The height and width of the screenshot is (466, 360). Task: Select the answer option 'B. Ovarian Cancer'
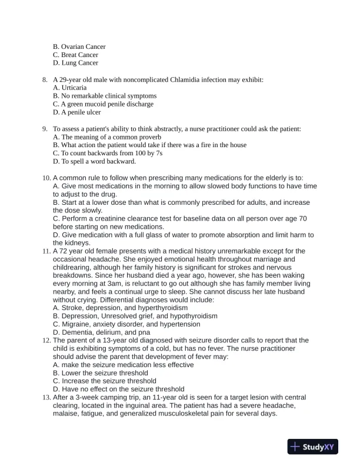(x=79, y=46)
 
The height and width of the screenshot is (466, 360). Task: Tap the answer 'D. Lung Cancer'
(x=75, y=63)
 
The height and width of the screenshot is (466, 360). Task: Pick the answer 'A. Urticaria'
(x=69, y=88)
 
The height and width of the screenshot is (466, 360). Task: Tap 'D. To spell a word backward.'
(x=94, y=161)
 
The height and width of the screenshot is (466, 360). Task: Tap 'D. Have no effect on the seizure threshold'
(x=118, y=389)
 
